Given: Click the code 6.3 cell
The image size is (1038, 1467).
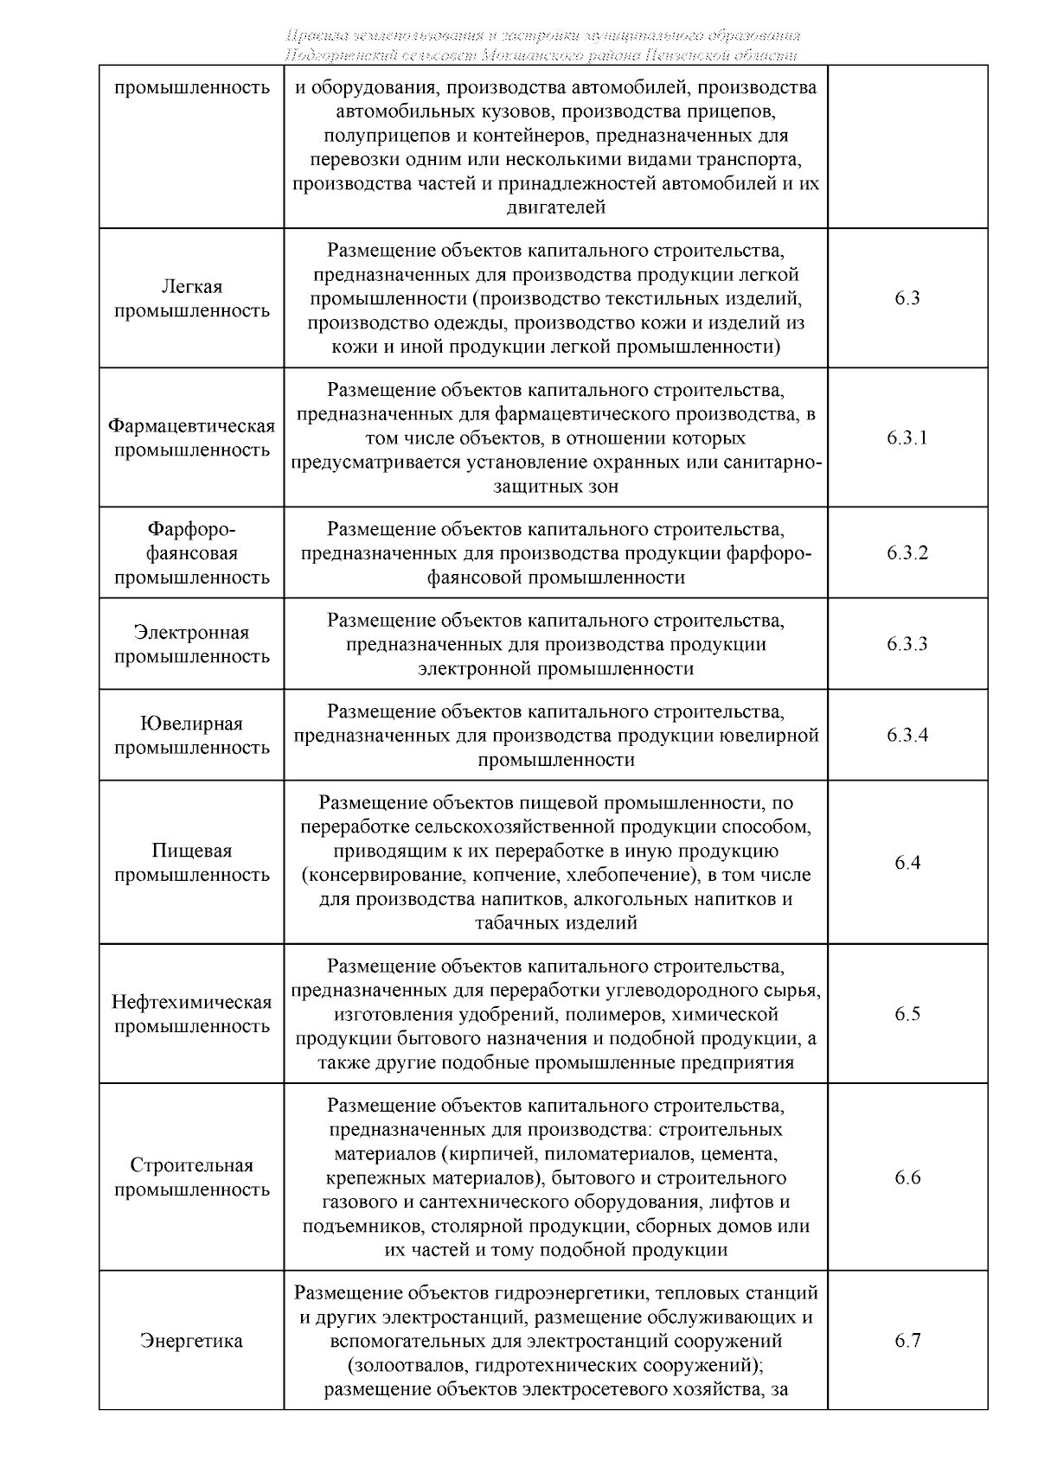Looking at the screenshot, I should point(907,298).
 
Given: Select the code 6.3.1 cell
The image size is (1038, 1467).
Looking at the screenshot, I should point(907,437).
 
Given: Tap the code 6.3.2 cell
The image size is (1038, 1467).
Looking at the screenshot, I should point(907,553).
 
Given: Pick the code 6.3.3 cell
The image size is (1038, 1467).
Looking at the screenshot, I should point(907,644).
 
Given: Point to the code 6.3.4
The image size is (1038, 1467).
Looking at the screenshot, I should point(907,736).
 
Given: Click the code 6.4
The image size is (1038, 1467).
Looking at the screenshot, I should point(907,863).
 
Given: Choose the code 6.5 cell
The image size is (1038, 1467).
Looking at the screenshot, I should point(907,1014).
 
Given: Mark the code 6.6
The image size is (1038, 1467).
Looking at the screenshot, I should point(907,1177).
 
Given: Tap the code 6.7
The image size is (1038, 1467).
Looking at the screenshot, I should point(907,1341).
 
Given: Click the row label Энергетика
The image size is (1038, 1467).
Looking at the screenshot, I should point(191,1341).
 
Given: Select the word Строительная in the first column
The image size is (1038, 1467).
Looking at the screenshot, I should point(191,1165).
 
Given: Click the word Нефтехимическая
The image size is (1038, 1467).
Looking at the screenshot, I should point(191,1002).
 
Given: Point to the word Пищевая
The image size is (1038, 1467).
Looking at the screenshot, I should point(191,851).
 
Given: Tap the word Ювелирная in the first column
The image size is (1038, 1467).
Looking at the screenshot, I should point(191,724).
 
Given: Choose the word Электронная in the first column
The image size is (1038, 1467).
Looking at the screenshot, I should point(191,632).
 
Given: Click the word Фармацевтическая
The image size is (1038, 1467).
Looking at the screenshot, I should point(191,426).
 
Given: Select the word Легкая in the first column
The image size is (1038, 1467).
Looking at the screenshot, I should point(191,286).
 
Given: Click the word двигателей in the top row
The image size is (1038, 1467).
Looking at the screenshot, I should point(555,207).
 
